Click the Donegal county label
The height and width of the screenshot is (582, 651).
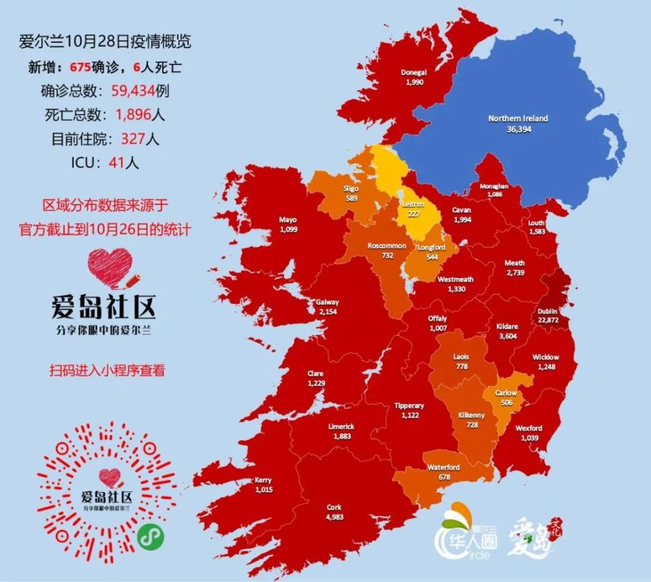[x=414, y=73]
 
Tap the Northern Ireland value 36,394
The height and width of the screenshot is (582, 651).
[x=518, y=130]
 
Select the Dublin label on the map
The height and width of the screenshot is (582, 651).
[x=547, y=311]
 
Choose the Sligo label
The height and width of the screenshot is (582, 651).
[x=351, y=189]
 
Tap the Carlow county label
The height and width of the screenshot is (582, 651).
[x=506, y=393]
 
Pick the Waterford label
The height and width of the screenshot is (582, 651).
[x=443, y=467]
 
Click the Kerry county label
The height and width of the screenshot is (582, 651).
[x=264, y=480]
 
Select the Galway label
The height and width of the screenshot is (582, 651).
[x=327, y=303]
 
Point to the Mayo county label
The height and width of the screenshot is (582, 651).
[x=288, y=220]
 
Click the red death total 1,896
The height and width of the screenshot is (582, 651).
[x=133, y=115]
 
